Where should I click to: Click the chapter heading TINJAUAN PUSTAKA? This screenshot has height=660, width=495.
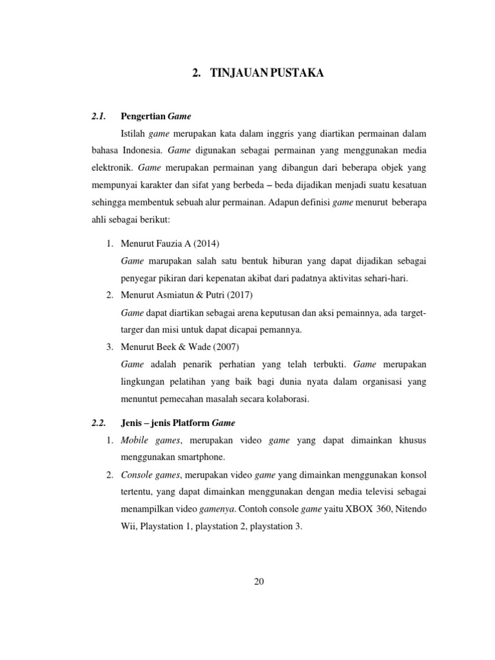point(266,74)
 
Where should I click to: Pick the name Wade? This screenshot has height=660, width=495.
point(201,347)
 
